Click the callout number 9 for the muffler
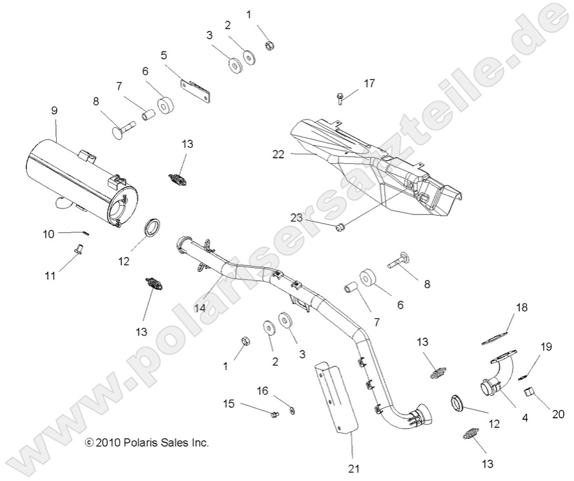point(54,110)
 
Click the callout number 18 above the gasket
point(521,307)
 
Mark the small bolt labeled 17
point(340,98)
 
